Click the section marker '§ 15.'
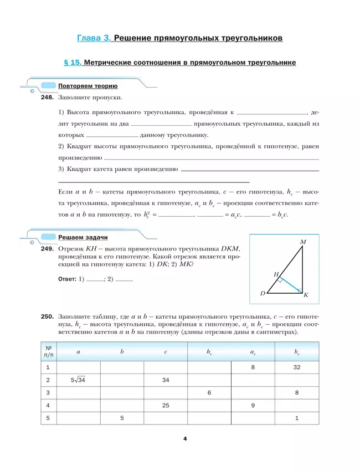click(73, 63)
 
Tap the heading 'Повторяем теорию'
click(88, 86)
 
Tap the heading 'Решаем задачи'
click(83, 237)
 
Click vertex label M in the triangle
click(303, 242)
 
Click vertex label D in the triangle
click(263, 293)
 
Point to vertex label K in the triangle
click(306, 295)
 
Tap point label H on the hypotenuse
click(276, 274)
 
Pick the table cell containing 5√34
click(78, 380)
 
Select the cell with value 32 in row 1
click(297, 367)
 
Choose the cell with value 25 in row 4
click(166, 406)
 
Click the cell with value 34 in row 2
click(166, 380)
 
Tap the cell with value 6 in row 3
click(209, 393)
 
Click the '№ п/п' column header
click(48, 351)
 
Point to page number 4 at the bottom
click(185, 440)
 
